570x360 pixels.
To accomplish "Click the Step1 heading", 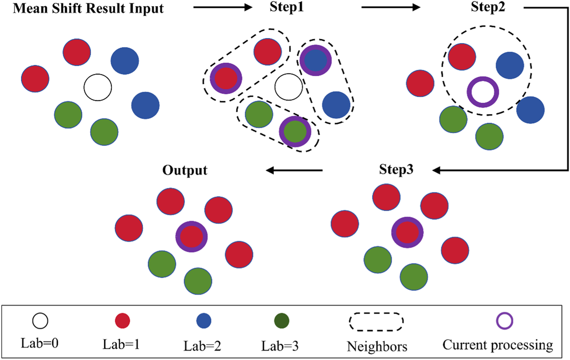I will pyautogui.click(x=287, y=7).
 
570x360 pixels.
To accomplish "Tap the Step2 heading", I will pyautogui.click(x=488, y=7).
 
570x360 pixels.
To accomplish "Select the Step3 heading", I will pyautogui.click(x=396, y=169).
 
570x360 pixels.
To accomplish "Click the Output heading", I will pyautogui.click(x=185, y=170).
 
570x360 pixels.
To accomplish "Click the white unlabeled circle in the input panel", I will pyautogui.click(x=98, y=87).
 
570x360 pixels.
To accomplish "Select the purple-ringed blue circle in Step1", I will pyautogui.click(x=315, y=60).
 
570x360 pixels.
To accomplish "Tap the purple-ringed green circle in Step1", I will pyautogui.click(x=295, y=131).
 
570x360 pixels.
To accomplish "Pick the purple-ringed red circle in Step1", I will pyautogui.click(x=226, y=78).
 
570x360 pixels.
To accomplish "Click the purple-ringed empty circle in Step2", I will pyautogui.click(x=483, y=92).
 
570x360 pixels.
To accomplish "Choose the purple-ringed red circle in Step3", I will pyautogui.click(x=407, y=232).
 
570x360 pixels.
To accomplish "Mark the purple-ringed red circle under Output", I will pyautogui.click(x=191, y=236).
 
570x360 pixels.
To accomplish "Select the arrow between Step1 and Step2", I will pyautogui.click(x=391, y=7).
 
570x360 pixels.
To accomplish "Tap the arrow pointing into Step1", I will pyautogui.click(x=222, y=7).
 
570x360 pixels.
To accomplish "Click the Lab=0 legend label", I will pyautogui.click(x=40, y=343).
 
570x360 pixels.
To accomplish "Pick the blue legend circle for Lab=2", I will pyautogui.click(x=204, y=321).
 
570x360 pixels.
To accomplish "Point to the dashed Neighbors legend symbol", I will pyautogui.click(x=376, y=322).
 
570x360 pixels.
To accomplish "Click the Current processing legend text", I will pyautogui.click(x=498, y=345).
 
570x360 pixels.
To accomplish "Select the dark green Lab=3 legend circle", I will pyautogui.click(x=281, y=321).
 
